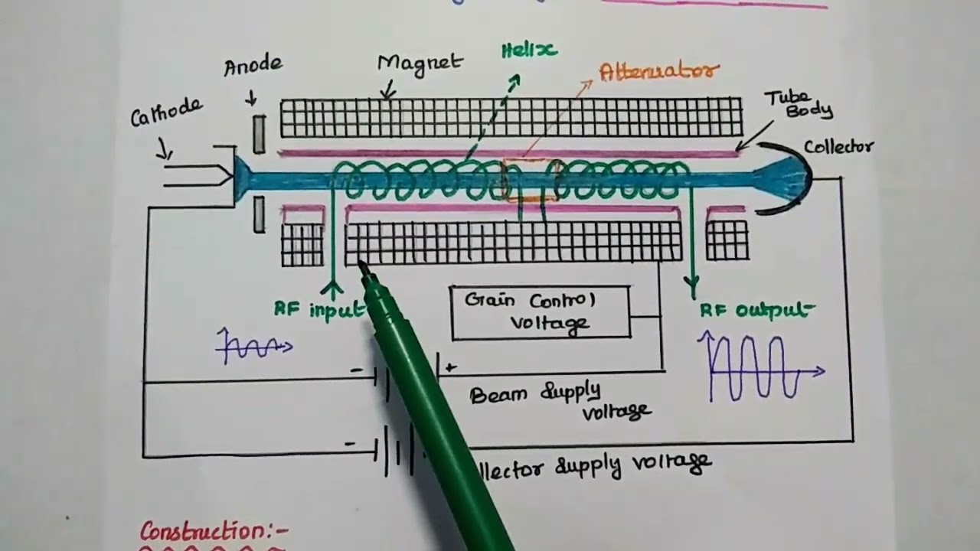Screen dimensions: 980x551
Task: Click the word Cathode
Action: [167, 112]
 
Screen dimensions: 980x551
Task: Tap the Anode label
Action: [253, 66]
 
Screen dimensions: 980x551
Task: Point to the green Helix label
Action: [529, 51]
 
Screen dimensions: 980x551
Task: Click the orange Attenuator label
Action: [659, 72]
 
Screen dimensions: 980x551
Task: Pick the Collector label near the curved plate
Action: [838, 147]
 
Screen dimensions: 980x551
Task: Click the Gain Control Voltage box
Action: [541, 311]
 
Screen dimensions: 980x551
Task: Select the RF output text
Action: [755, 310]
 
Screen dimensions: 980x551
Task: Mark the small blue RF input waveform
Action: [253, 347]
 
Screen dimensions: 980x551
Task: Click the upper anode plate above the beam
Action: [260, 134]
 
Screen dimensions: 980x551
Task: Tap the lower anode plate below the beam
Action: [260, 214]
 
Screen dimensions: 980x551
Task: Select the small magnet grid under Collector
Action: [727, 240]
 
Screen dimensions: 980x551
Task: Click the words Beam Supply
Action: [535, 393]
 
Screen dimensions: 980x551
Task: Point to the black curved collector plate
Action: [801, 178]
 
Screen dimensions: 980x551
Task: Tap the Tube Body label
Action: [796, 104]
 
